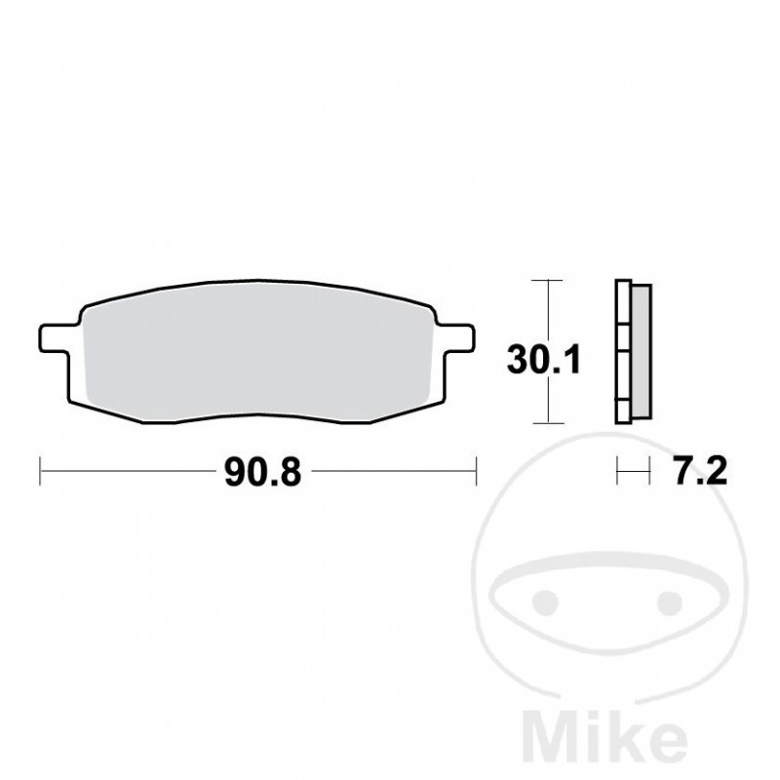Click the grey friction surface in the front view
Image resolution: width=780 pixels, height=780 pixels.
(x=258, y=351)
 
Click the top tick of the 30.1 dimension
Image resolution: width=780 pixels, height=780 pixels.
(x=549, y=282)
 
